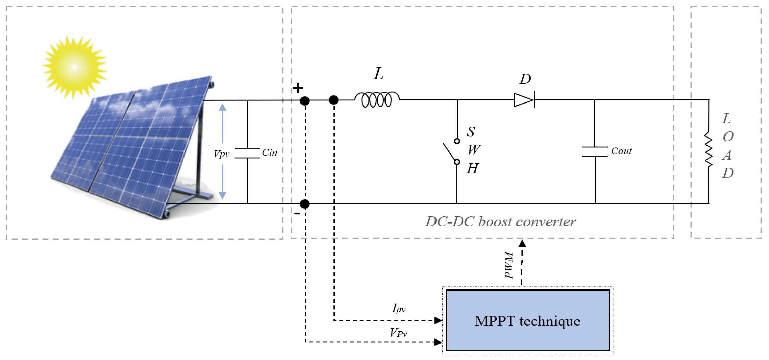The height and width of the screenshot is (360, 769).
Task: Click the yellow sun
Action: pyautogui.click(x=74, y=67)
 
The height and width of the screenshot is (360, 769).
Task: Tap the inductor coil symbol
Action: pyautogui.click(x=377, y=99)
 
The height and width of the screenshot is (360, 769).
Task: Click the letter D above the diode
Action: pyautogui.click(x=525, y=79)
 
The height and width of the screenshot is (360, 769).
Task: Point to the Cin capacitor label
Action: pyautogui.click(x=270, y=152)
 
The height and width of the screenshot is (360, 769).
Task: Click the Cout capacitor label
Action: pyautogui.click(x=621, y=151)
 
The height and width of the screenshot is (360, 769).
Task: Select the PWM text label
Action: pyautogui.click(x=509, y=265)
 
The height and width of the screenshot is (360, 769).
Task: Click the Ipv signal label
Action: pyautogui.click(x=398, y=308)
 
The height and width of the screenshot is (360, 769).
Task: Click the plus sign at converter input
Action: pyautogui.click(x=298, y=88)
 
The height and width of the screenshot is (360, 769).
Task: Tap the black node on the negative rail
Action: pyautogui.click(x=305, y=204)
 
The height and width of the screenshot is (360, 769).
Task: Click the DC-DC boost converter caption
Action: pyautogui.click(x=500, y=222)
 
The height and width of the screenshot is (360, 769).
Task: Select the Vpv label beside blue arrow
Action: pyautogui.click(x=222, y=154)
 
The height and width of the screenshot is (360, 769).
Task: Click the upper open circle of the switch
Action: pyautogui.click(x=457, y=141)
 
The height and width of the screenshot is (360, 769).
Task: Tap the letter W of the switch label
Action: pyautogui.click(x=474, y=149)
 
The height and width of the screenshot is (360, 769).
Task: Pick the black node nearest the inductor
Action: pyautogui.click(x=333, y=100)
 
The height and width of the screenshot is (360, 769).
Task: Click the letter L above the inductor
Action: pyautogui.click(x=378, y=74)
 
